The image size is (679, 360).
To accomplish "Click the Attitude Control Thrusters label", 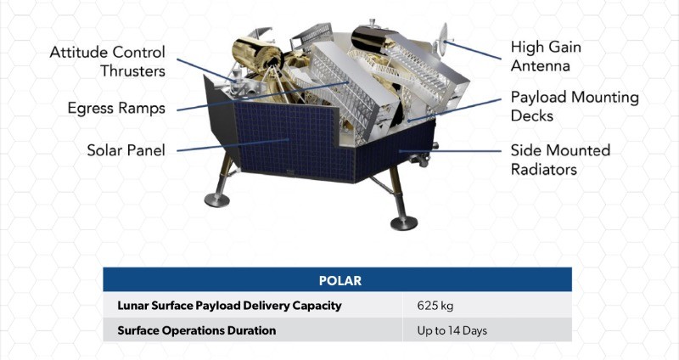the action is (108, 61).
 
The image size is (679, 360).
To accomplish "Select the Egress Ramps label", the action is (116, 109).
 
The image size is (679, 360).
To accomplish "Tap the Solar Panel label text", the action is (126, 150).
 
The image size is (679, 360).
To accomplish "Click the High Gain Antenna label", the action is (546, 56).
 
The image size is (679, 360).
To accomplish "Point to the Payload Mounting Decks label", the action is (575, 107).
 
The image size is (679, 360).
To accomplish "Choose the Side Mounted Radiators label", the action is (560, 160).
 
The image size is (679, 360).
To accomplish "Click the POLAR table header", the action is (340, 281).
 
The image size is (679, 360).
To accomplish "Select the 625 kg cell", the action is (435, 306).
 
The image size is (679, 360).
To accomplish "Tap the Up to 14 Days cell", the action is (452, 330).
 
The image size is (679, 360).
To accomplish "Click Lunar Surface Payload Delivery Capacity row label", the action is (229, 306).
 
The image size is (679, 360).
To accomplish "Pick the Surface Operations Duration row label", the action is (197, 330).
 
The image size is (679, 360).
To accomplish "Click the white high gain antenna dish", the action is (442, 40).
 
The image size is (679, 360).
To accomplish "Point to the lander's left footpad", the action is (217, 200).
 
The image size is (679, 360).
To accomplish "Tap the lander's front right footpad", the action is (404, 223).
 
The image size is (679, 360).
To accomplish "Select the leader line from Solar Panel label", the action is (233, 145).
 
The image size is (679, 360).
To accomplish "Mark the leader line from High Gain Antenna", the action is (473, 50).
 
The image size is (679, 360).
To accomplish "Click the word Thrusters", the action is (133, 71).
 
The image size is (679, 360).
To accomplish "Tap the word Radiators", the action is (544, 169).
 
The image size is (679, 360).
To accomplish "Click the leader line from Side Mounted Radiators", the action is (451, 151).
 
